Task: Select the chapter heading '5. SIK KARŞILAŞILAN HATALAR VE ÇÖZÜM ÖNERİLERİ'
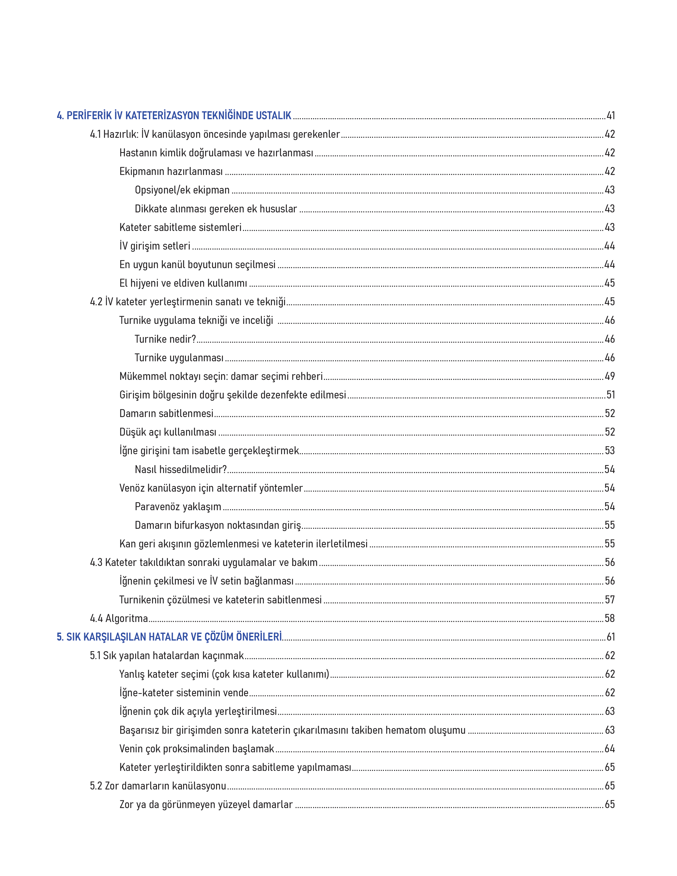pos(169,637)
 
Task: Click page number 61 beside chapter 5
pos(610,637)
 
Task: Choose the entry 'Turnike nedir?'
pos(165,339)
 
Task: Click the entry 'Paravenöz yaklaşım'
pos(178,506)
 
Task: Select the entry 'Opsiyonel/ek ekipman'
pos(182,190)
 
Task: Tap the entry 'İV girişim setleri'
pos(155,246)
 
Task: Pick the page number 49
pos(610,376)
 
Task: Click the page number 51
pos(610,395)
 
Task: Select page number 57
pos(610,600)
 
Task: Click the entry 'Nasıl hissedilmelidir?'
pos(181,469)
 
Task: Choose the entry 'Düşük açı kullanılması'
pos(168,432)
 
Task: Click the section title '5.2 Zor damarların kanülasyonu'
pos(158,786)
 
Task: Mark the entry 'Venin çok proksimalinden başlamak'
pos(196,749)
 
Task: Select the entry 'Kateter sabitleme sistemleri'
pos(181,227)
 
